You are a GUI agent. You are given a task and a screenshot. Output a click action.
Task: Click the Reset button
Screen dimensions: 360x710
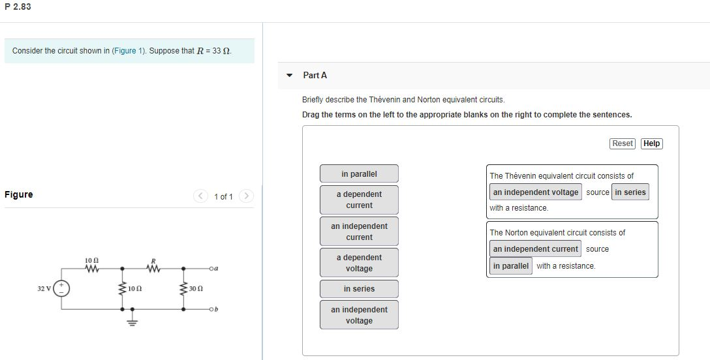pyautogui.click(x=623, y=143)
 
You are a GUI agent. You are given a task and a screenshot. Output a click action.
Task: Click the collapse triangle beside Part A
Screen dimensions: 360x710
pyautogui.click(x=290, y=75)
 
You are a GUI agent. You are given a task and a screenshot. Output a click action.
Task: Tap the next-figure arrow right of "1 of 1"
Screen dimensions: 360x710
pyautogui.click(x=246, y=196)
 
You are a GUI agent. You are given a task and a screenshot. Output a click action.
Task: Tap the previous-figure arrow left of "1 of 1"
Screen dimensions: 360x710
pyautogui.click(x=202, y=196)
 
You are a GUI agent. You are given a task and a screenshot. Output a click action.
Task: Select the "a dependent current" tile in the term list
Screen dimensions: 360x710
pyautogui.click(x=359, y=200)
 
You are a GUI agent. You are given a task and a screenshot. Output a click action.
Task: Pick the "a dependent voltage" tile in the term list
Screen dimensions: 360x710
pyautogui.click(x=359, y=263)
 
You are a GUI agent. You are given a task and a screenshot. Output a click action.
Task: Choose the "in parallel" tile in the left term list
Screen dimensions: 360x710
pyautogui.click(x=359, y=174)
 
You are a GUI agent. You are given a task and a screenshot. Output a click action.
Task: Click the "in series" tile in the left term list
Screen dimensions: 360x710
pyautogui.click(x=359, y=289)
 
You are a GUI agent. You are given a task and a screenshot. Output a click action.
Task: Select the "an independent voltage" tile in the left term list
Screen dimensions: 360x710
pyautogui.click(x=359, y=315)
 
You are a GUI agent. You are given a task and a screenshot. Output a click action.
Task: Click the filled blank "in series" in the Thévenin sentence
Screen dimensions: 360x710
pyautogui.click(x=630, y=192)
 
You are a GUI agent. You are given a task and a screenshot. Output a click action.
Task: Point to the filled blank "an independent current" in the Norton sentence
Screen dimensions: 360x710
pyautogui.click(x=536, y=249)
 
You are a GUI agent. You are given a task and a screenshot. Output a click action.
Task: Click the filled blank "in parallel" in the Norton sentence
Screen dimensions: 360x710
pyautogui.click(x=511, y=266)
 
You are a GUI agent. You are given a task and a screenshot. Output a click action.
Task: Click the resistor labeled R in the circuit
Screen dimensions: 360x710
pyautogui.click(x=153, y=268)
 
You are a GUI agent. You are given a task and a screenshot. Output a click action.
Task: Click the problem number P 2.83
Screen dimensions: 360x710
pyautogui.click(x=18, y=7)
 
